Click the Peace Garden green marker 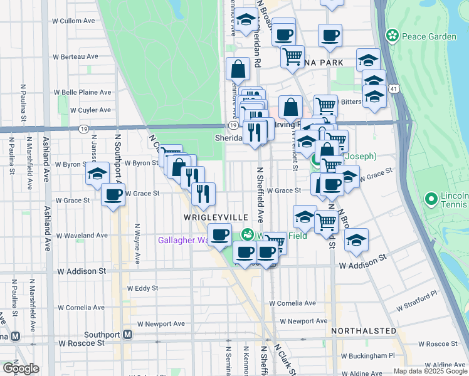click(x=393, y=36)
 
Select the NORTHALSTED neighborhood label click(x=364, y=330)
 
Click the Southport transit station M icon click(x=128, y=334)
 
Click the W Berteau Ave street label click(x=76, y=56)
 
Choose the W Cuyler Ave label click(x=90, y=110)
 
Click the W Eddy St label click(x=142, y=289)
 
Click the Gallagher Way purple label click(x=182, y=240)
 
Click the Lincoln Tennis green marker click(x=431, y=200)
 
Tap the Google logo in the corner click(x=21, y=368)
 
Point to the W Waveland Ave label click(x=82, y=236)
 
